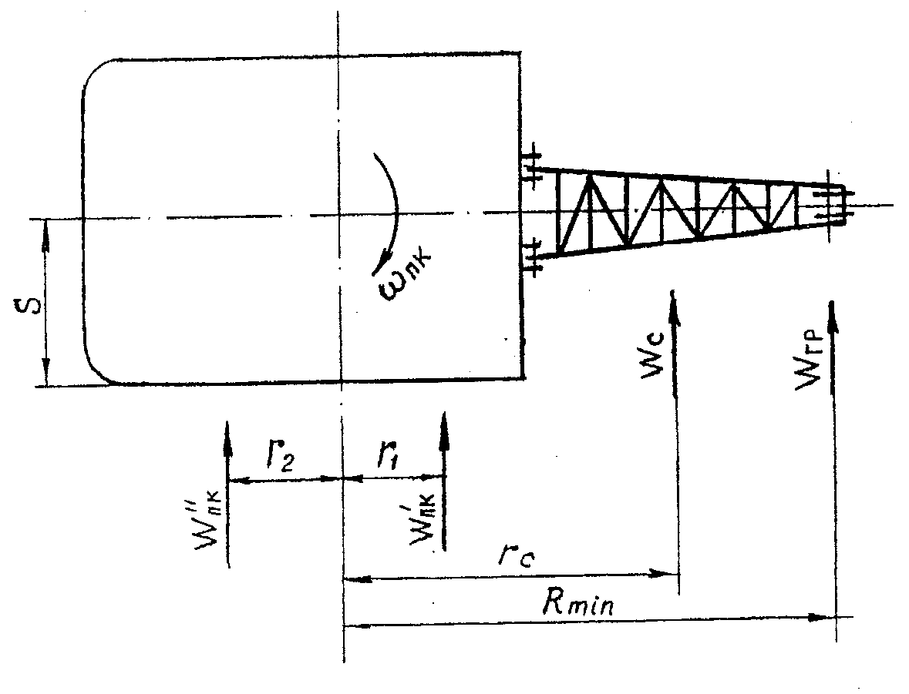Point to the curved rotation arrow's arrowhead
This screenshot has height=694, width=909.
(375, 267)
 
